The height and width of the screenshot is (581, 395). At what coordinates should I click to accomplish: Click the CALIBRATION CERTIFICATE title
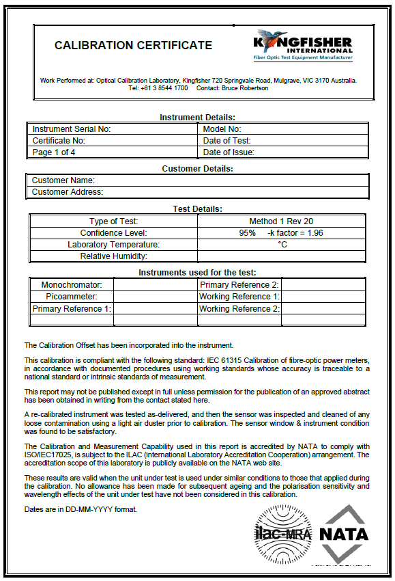[x=133, y=46]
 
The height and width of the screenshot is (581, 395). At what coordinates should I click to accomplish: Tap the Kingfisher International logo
[x=304, y=45]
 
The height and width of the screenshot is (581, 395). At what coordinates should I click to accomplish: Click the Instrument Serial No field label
[x=72, y=129]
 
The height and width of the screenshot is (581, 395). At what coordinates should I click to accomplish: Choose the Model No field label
[x=222, y=129]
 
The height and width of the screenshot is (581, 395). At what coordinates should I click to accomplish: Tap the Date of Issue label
[x=229, y=152]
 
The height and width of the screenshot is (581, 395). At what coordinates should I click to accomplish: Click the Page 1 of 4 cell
[x=54, y=152]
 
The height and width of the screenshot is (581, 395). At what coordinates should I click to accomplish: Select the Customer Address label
[x=68, y=192]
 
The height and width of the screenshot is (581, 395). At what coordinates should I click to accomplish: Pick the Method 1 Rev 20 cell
[x=281, y=221]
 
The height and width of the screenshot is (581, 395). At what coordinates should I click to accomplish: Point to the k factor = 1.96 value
[x=296, y=233]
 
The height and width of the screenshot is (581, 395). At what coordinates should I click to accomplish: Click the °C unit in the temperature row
[x=282, y=245]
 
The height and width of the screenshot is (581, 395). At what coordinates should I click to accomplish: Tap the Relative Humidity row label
[x=114, y=256]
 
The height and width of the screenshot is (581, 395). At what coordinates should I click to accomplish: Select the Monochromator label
[x=72, y=285]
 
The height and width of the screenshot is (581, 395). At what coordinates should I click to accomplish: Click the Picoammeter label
[x=72, y=297]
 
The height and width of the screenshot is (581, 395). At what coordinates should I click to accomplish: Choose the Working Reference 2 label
[x=239, y=309]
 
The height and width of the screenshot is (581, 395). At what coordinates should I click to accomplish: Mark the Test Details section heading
[x=198, y=209]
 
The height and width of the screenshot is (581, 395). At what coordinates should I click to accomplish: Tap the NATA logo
[x=343, y=530]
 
